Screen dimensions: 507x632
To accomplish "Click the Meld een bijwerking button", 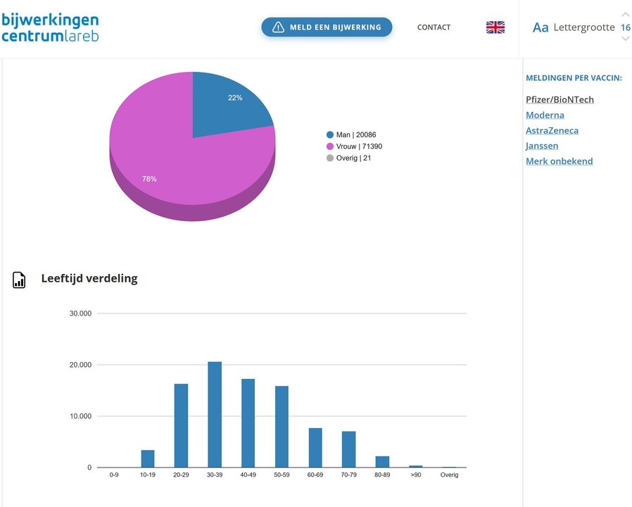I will [x=327, y=27].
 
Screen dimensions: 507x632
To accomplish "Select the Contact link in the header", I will [x=434, y=27].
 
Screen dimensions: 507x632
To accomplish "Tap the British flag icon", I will [x=495, y=27].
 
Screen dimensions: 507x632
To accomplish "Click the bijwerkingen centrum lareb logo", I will [x=50, y=27].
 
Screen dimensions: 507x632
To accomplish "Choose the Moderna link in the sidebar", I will [x=545, y=115].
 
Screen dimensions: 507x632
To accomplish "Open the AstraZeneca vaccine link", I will [x=552, y=130].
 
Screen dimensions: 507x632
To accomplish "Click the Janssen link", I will [x=542, y=146].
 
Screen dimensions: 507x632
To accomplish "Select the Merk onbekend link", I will [x=559, y=161].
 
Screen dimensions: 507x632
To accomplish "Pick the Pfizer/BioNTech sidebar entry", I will [x=560, y=99].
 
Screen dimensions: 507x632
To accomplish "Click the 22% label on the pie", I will [x=235, y=98].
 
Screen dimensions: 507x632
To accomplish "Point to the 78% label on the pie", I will [x=149, y=179].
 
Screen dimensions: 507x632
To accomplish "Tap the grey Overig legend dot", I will [x=330, y=158].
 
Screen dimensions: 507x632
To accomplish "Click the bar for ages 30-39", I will [x=215, y=415].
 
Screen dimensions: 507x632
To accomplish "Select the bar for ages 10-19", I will [x=148, y=458].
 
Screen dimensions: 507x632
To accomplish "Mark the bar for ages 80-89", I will [x=382, y=462].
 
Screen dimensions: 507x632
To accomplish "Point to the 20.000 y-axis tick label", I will [x=80, y=365].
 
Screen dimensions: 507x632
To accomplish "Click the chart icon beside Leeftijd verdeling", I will [x=19, y=280].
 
